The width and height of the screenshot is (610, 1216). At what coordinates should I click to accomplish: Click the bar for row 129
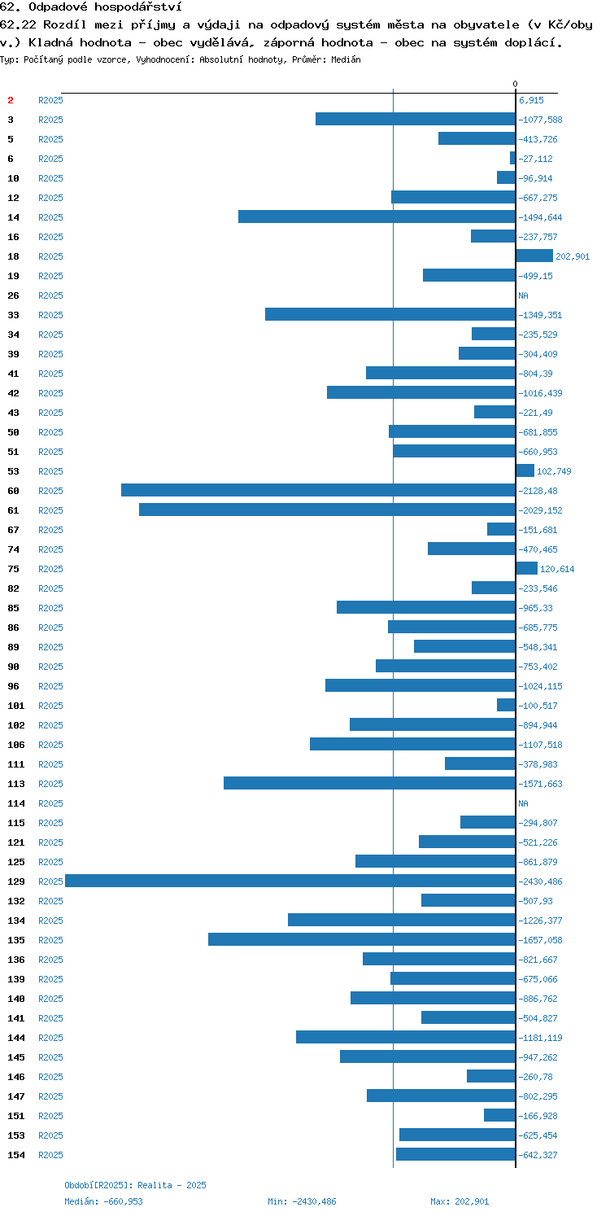click(x=290, y=881)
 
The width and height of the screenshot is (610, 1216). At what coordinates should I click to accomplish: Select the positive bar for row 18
click(x=534, y=256)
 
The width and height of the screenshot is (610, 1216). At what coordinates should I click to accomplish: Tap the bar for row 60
click(x=318, y=490)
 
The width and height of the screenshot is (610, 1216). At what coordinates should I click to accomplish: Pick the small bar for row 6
click(x=513, y=158)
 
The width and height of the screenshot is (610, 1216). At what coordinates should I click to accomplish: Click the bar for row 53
click(x=525, y=470)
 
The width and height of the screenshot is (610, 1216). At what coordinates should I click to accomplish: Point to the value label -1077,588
click(x=541, y=120)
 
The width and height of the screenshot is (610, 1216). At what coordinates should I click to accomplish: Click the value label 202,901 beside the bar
click(x=573, y=256)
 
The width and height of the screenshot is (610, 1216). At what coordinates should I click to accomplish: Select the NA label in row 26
click(x=523, y=295)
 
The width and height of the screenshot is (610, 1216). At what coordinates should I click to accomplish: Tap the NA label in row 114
click(x=523, y=803)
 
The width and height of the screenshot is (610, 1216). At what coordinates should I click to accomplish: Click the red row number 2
click(x=11, y=100)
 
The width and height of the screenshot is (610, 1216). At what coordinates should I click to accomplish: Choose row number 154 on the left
click(x=16, y=1155)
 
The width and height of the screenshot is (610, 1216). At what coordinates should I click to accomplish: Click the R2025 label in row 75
click(x=50, y=569)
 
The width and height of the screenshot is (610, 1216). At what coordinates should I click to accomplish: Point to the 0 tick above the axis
click(x=515, y=84)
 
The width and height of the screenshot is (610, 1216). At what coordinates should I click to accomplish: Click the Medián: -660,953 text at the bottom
click(x=103, y=1201)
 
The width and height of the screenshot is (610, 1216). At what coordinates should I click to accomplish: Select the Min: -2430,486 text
click(x=302, y=1201)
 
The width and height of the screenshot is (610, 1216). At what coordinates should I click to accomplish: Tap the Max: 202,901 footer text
click(x=460, y=1201)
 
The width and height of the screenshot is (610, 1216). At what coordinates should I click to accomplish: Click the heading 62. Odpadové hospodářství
click(x=91, y=7)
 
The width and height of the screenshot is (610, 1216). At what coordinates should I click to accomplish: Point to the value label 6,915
click(x=531, y=100)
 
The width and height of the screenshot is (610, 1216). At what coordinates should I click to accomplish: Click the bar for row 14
click(x=377, y=217)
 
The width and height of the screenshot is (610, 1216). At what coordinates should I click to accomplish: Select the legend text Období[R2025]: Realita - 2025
click(x=135, y=1185)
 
